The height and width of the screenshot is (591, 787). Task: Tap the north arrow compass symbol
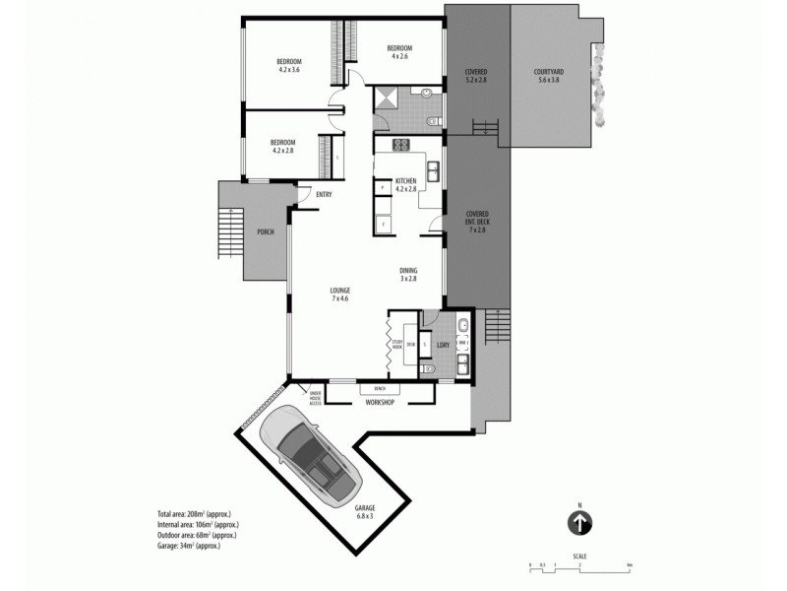(x=580, y=523)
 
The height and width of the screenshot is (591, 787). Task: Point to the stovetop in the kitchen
(x=401, y=145)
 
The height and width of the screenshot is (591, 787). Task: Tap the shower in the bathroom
(x=385, y=98)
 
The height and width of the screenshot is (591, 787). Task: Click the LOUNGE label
(x=340, y=293)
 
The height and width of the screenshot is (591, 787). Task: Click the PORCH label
(x=265, y=233)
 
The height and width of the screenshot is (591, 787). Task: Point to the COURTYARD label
(x=548, y=75)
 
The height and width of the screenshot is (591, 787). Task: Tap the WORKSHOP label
(x=380, y=403)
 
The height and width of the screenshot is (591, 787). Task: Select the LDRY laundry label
(x=443, y=345)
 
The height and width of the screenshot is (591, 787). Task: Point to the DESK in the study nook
(x=411, y=344)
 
